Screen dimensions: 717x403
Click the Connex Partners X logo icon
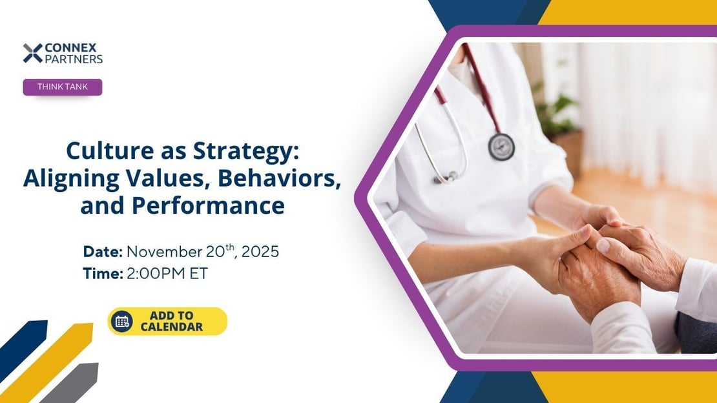coord(32,53)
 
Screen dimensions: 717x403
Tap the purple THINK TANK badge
coord(63,87)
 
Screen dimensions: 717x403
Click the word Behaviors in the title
coord(279,178)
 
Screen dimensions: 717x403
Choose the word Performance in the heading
coord(208,205)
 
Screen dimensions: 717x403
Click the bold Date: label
coord(103,252)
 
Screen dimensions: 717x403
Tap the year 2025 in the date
coord(260,252)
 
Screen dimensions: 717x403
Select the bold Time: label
coord(103,274)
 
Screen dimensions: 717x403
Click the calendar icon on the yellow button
coord(122,321)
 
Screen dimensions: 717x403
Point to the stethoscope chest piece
coord(501,147)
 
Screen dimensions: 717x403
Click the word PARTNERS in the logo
coord(74,59)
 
